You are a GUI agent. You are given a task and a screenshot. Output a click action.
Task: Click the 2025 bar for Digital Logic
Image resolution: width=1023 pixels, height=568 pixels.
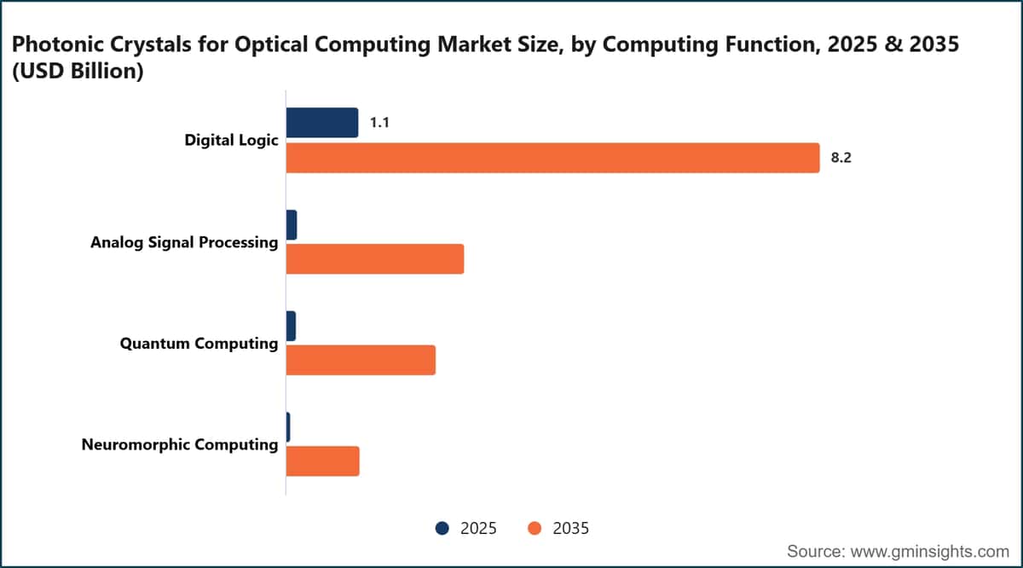[322, 123]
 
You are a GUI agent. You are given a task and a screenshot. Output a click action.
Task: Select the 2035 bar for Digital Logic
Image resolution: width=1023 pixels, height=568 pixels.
[552, 158]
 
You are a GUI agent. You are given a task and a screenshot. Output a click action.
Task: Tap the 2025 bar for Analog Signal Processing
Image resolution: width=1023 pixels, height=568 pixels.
[292, 225]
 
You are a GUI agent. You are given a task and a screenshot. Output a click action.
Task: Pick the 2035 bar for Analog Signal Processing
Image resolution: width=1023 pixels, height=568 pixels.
[375, 259]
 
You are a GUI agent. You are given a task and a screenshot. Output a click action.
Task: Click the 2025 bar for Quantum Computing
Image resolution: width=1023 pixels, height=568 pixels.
[291, 326]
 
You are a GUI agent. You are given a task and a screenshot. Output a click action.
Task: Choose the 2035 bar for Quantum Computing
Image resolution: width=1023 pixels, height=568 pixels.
[361, 360]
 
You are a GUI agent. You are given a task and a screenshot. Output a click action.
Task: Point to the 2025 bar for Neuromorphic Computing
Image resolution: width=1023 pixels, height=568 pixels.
[288, 427]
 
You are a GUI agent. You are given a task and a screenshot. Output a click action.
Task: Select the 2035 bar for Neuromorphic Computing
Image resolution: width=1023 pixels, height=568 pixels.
[322, 461]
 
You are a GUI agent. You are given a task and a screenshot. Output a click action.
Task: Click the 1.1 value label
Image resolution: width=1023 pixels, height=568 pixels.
[379, 123]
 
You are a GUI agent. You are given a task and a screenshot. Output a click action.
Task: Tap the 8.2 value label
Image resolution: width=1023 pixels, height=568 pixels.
[841, 158]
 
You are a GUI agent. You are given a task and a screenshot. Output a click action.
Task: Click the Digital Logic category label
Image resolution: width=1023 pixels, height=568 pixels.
[231, 140]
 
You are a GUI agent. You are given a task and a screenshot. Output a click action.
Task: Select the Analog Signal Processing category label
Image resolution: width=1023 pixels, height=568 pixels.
[184, 242]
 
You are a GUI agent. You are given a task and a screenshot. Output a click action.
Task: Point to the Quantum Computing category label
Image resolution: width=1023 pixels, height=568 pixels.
[199, 343]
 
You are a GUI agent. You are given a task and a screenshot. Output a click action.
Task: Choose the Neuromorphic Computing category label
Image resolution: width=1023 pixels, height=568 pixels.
[180, 444]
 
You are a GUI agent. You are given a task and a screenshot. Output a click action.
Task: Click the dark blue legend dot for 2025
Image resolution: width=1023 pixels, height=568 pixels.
[442, 528]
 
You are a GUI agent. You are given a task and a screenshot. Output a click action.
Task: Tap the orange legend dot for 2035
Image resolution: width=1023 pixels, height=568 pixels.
[535, 528]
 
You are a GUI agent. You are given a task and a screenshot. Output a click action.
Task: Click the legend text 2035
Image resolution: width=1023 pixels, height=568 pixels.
[571, 528]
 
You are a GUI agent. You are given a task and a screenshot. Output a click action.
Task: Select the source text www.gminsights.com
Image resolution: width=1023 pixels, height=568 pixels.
[930, 552]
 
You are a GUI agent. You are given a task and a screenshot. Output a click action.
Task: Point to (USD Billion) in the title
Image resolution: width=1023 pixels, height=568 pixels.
[78, 72]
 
